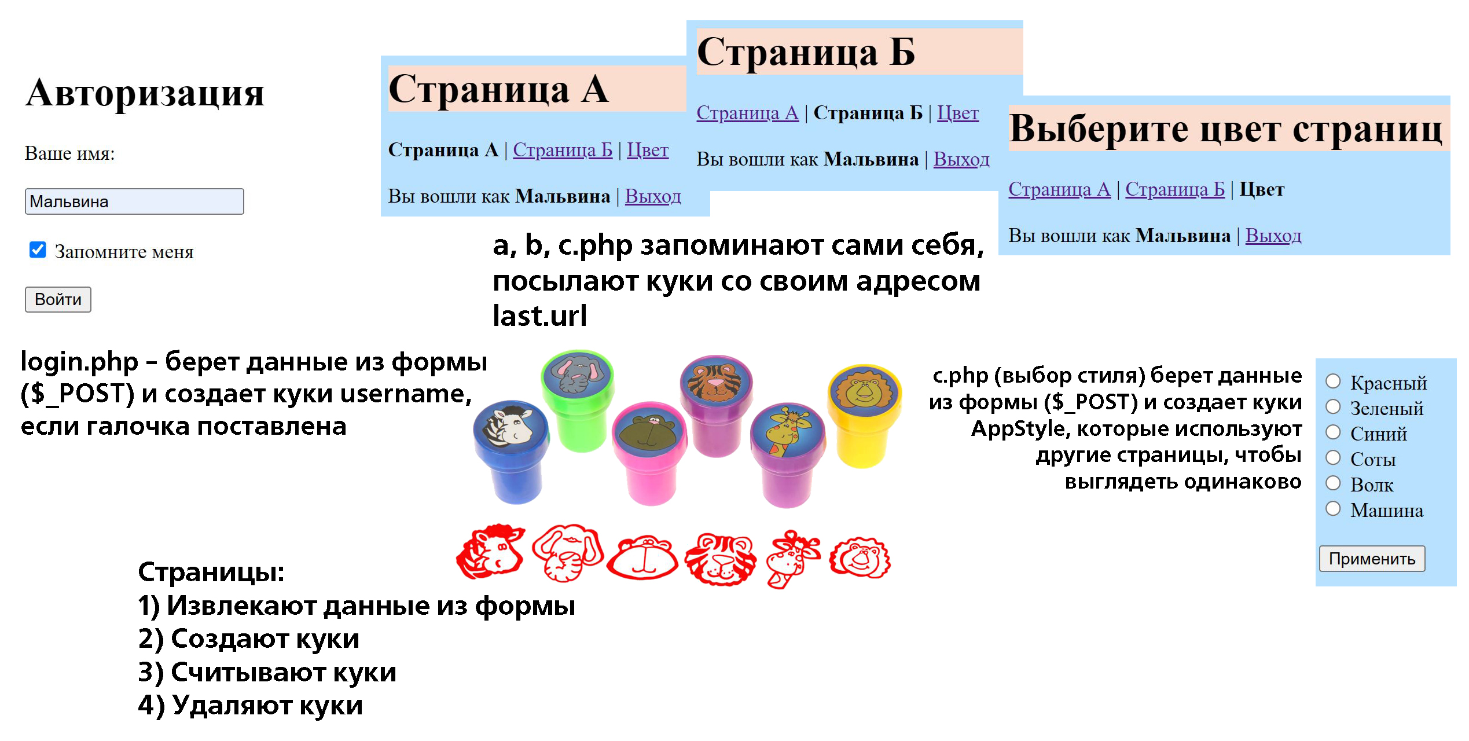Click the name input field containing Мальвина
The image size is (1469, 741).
click(134, 201)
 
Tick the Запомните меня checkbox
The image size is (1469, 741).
click(38, 250)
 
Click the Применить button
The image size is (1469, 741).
click(1371, 559)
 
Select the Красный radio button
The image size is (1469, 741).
click(1333, 381)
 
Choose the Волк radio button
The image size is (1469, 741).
click(1333, 483)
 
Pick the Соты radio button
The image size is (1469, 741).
click(1333, 458)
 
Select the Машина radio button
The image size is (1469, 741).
click(1333, 509)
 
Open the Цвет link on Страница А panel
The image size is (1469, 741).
click(647, 150)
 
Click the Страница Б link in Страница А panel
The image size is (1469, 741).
click(562, 150)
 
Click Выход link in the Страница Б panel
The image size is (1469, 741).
click(961, 159)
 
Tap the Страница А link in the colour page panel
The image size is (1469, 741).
click(1059, 189)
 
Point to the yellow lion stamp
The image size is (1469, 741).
click(864, 414)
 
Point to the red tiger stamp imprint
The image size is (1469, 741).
click(721, 559)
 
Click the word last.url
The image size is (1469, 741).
click(539, 316)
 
